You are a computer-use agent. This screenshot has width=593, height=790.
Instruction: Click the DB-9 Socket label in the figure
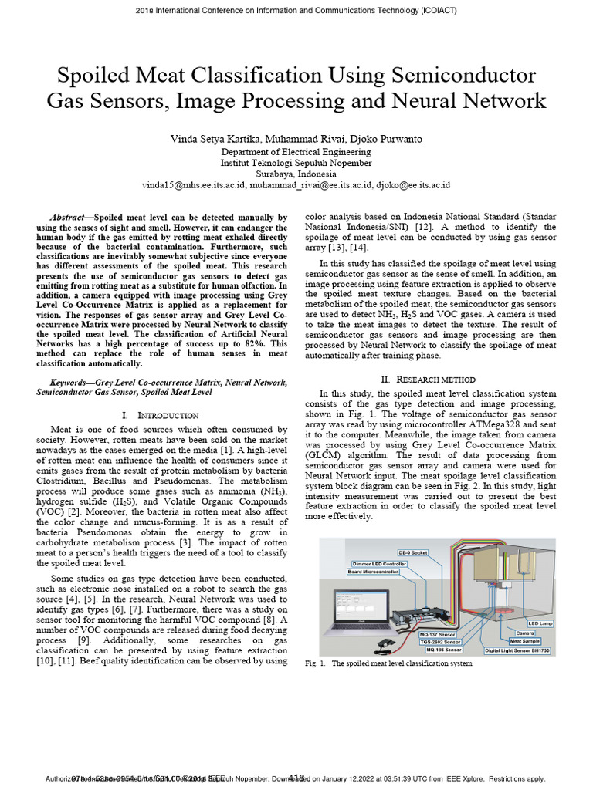click(x=412, y=553)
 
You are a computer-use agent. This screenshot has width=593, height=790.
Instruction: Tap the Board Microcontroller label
click(x=374, y=572)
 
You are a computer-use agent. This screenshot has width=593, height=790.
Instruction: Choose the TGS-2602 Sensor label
click(x=439, y=642)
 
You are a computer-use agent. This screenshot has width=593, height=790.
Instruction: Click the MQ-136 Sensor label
click(x=439, y=650)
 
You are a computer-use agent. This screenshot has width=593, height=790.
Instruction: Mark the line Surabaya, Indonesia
click(x=296, y=174)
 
